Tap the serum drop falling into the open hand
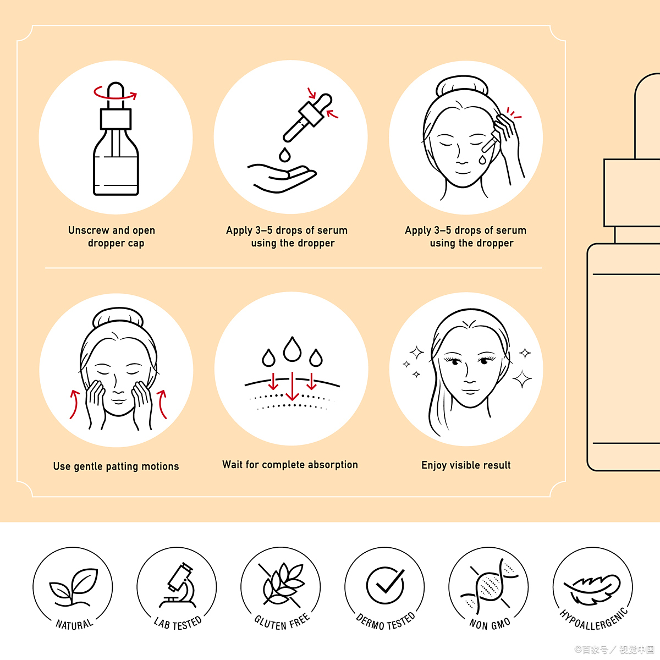point(284,155)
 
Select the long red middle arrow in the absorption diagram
point(292,386)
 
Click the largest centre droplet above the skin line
point(292,349)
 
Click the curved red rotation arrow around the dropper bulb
point(115,93)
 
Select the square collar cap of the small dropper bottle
point(116,119)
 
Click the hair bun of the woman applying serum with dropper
point(462,86)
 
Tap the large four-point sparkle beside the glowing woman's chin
point(522,379)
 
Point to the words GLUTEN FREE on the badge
point(282,623)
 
